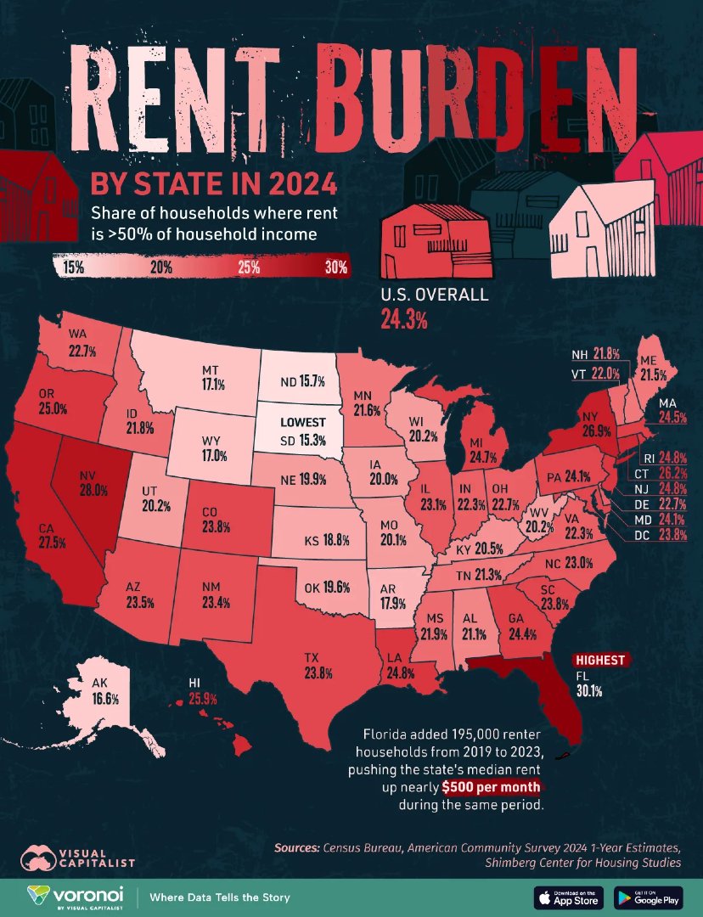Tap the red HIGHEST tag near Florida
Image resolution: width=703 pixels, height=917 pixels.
600,660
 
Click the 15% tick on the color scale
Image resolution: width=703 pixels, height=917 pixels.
72,267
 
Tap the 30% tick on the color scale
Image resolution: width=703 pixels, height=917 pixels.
335,267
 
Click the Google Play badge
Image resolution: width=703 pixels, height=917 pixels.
646,897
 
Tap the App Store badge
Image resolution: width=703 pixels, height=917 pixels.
568,897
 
